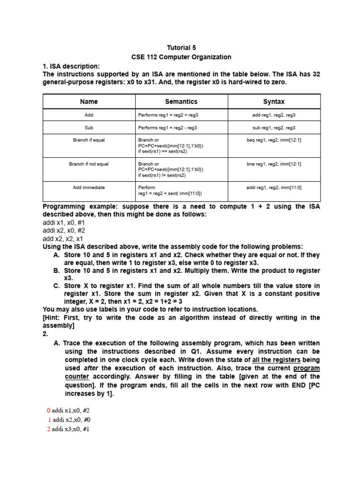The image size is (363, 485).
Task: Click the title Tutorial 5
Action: pos(181,48)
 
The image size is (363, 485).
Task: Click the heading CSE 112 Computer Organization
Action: pos(181,57)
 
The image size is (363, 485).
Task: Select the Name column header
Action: pos(89,102)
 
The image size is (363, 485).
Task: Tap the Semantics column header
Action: pos(181,102)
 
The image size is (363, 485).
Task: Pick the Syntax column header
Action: pos(274,102)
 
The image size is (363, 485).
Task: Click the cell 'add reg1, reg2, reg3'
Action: pos(274,115)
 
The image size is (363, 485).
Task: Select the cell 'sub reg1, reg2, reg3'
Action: pos(274,128)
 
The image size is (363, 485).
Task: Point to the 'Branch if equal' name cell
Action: pos(89,140)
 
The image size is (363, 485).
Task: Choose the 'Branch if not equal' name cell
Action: pos(89,164)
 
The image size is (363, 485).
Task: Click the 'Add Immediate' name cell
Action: pos(89,188)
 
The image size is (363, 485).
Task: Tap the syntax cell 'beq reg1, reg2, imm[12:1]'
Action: pos(274,140)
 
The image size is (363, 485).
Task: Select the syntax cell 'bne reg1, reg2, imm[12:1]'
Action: pos(274,164)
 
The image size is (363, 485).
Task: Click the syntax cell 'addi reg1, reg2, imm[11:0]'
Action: pos(274,188)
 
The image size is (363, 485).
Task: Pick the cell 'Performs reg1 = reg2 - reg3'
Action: pos(167,128)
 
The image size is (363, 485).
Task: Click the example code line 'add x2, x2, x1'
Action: pos(62,239)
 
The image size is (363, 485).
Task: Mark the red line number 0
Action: pos(48,411)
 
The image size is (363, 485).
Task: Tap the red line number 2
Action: pos(48,429)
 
